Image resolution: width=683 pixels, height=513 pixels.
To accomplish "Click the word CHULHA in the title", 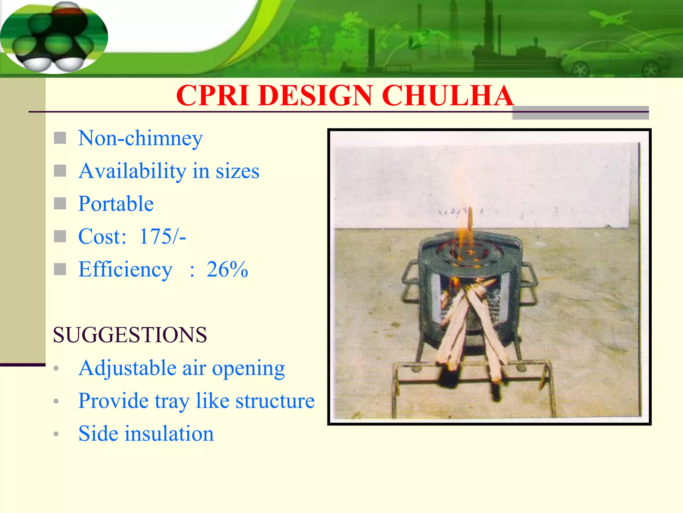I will tap(447, 96).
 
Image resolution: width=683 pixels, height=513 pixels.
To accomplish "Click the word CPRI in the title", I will tap(212, 96).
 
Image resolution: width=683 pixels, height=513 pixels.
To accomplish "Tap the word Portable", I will tap(116, 204).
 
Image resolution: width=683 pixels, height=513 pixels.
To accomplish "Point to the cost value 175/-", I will tap(162, 236).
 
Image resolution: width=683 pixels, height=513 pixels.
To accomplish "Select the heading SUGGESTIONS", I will tap(130, 335).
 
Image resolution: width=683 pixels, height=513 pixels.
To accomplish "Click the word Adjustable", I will tap(127, 368).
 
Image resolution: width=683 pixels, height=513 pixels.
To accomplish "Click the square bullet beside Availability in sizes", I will tap(60, 171).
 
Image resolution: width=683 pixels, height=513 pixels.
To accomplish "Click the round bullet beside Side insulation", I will tap(56, 434).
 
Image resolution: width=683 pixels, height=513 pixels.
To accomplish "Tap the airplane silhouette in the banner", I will tap(610, 18).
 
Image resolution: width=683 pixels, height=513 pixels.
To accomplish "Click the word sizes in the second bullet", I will tap(237, 171).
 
